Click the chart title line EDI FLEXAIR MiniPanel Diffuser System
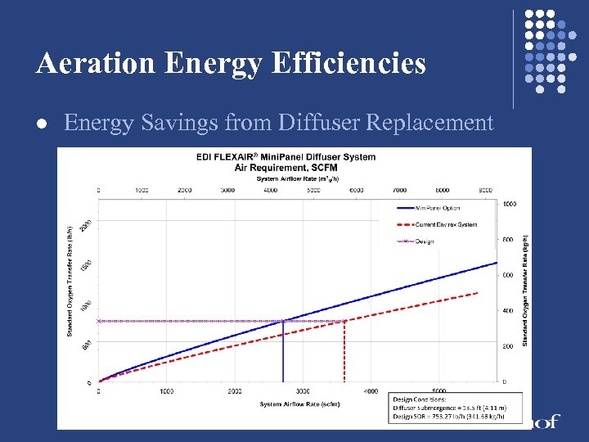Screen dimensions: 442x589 (286, 157)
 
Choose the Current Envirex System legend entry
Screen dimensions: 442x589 (447, 224)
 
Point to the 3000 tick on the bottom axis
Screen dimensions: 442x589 (303, 391)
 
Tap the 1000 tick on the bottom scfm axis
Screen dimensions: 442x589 (167, 391)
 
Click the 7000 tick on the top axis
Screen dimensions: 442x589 (399, 189)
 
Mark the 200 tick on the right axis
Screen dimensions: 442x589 (509, 346)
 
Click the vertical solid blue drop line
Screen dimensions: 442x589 (283, 352)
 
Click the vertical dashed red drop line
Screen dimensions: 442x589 (344, 352)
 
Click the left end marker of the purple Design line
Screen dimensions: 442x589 (99, 321)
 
